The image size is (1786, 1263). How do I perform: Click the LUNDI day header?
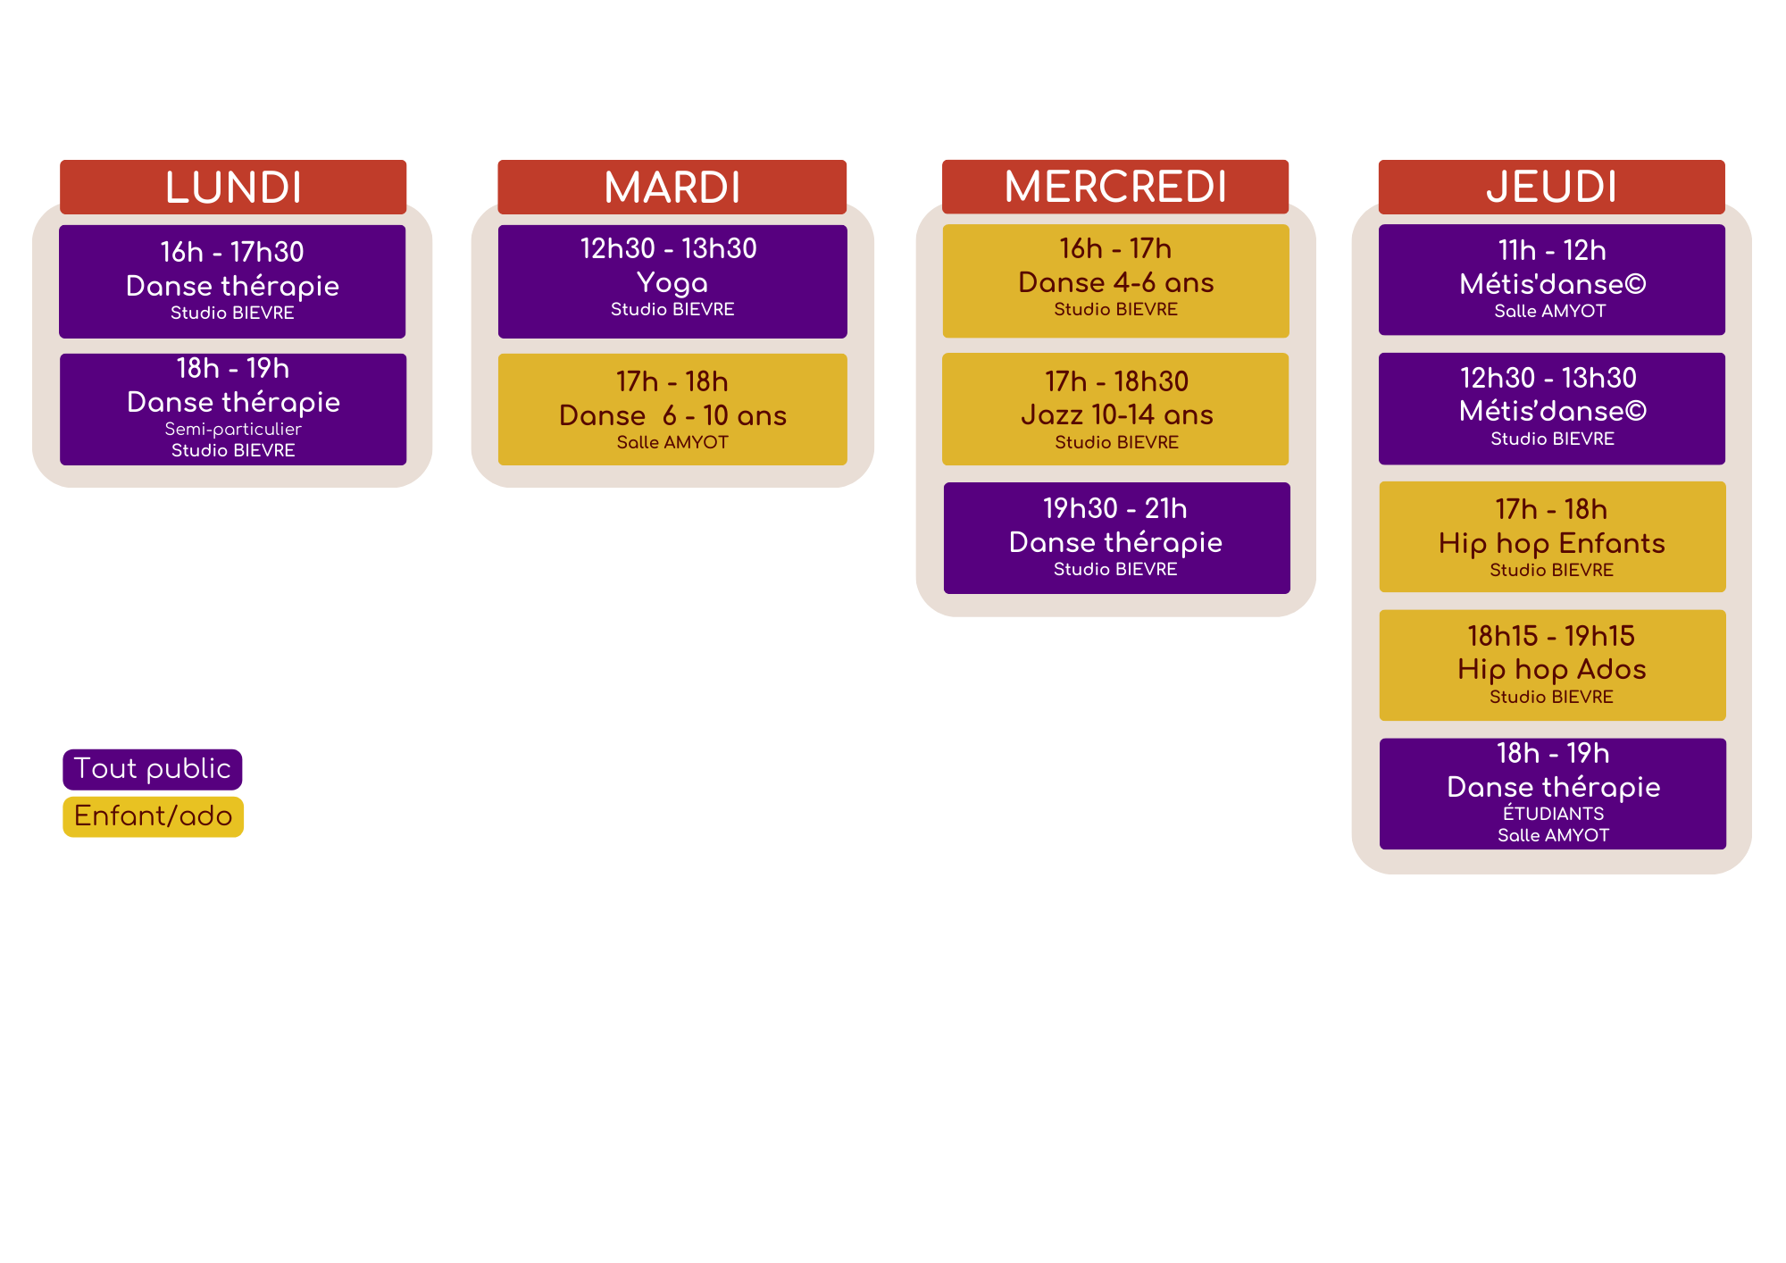(x=233, y=188)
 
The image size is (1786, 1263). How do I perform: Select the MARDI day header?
(x=672, y=188)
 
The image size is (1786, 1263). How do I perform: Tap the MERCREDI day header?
(x=1115, y=187)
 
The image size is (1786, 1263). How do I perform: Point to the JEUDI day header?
(x=1552, y=187)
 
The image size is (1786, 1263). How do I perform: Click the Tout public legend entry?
(x=153, y=769)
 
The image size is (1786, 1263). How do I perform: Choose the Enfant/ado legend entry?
(x=154, y=816)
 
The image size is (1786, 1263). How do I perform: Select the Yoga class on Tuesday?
(x=672, y=282)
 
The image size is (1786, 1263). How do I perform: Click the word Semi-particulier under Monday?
(x=233, y=429)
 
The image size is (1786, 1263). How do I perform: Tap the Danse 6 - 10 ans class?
(x=672, y=415)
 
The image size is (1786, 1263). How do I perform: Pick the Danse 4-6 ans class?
(x=1116, y=282)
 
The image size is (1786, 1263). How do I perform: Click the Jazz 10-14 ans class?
(x=1116, y=414)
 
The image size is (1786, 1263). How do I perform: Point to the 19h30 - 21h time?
(x=1115, y=508)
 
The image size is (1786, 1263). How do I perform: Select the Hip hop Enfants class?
(x=1552, y=543)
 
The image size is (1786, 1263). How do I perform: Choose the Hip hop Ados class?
(x=1552, y=669)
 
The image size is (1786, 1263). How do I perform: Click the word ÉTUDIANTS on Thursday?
(x=1553, y=814)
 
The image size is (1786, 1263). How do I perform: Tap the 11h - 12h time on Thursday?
(x=1552, y=250)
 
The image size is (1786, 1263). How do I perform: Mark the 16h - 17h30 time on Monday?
(x=232, y=252)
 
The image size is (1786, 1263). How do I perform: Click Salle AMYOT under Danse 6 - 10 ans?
(x=672, y=442)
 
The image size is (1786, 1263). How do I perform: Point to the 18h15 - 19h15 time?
(x=1551, y=636)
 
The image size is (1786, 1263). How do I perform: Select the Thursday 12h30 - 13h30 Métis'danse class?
(x=1552, y=411)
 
